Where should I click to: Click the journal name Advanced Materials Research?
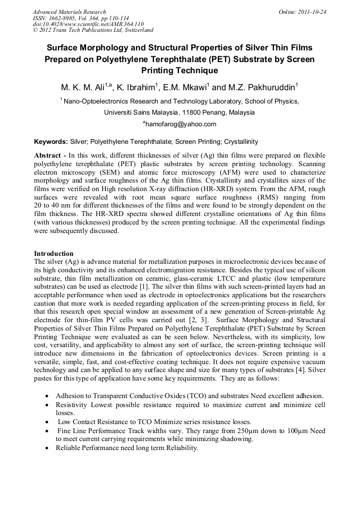point(69,12)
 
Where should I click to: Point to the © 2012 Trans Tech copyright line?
point(93,31)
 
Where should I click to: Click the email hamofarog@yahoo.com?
point(180,124)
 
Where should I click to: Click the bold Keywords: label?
point(51,142)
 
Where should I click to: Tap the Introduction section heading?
point(54,253)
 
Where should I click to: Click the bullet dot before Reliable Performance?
point(49,448)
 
